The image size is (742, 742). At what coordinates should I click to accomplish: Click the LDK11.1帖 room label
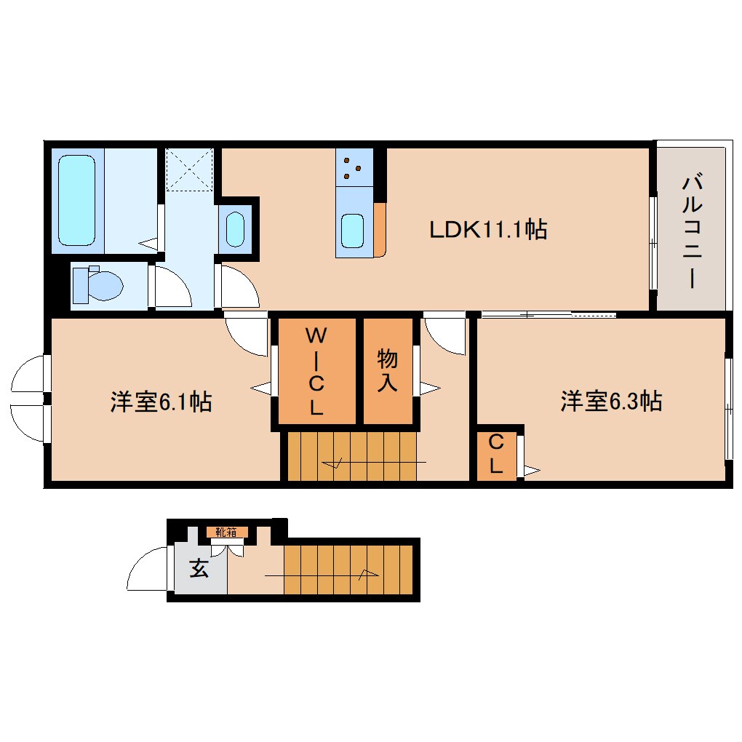pos(487,230)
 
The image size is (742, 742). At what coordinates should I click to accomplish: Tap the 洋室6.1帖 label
pos(161,401)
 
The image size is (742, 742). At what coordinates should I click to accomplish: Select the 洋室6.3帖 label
pos(610,401)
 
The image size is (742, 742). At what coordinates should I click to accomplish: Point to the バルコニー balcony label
pos(690,231)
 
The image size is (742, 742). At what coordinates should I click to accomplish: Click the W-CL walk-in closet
pos(314,371)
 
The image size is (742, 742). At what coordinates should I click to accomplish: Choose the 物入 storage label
pos(387,371)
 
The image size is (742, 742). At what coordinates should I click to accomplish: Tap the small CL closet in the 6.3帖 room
pos(496,454)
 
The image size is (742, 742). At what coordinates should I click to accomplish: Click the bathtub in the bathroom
pos(77,199)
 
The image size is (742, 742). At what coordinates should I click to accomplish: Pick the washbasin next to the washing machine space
pos(235,228)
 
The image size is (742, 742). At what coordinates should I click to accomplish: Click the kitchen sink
pos(354,231)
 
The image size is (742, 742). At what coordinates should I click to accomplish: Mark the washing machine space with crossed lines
pos(189,169)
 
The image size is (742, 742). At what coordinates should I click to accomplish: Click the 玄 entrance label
pos(199,568)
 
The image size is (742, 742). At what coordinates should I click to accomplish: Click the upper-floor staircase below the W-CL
pos(352,457)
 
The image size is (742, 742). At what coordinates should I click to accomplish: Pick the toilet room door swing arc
pos(172,287)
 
